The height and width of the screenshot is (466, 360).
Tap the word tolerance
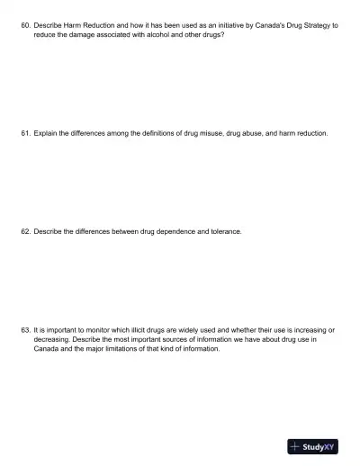coord(223,231)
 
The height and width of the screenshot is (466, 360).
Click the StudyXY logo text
coord(319,446)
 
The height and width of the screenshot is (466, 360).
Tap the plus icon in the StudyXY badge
coord(295,446)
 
